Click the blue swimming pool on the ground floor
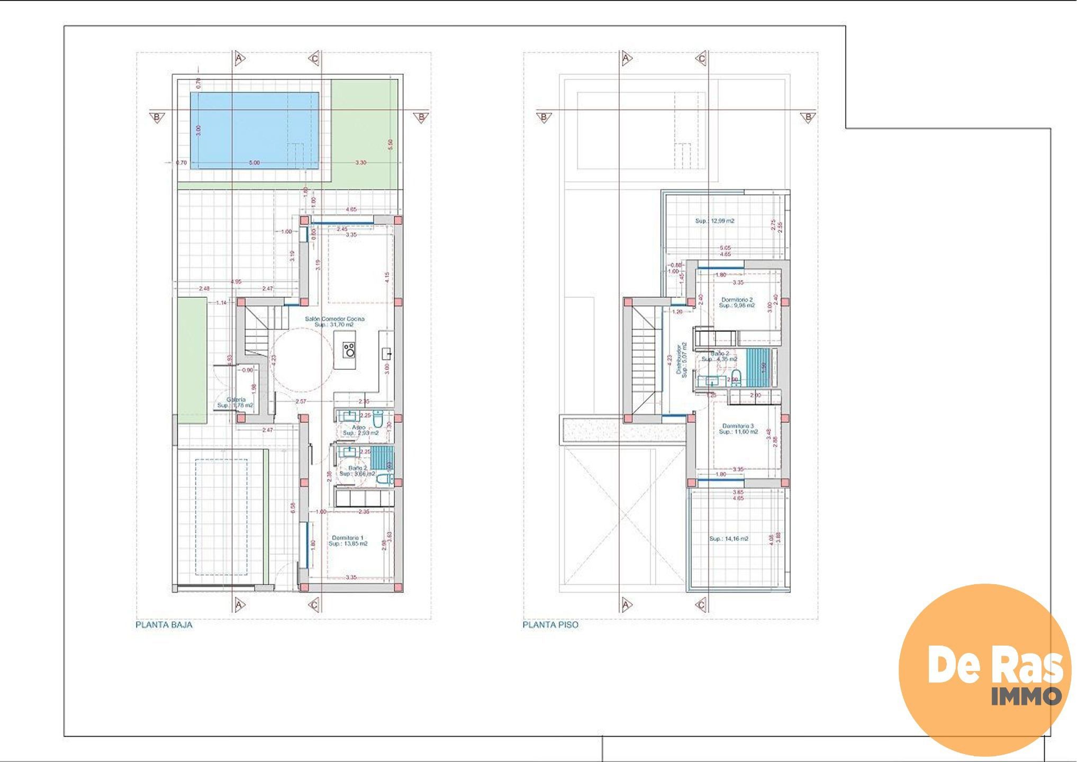[x=254, y=130]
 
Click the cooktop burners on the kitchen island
[x=349, y=349]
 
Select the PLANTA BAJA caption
[x=164, y=624]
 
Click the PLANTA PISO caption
[x=550, y=624]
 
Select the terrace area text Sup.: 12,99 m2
[x=714, y=221]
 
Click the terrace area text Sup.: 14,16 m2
[x=729, y=539]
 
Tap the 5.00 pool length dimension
[x=254, y=162]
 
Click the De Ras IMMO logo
[x=984, y=669]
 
